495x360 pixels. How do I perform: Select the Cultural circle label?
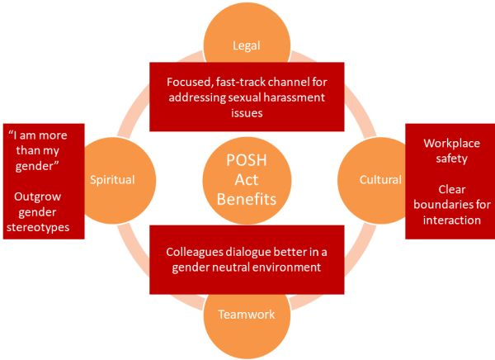coord(380,179)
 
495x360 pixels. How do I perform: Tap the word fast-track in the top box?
coord(243,83)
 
